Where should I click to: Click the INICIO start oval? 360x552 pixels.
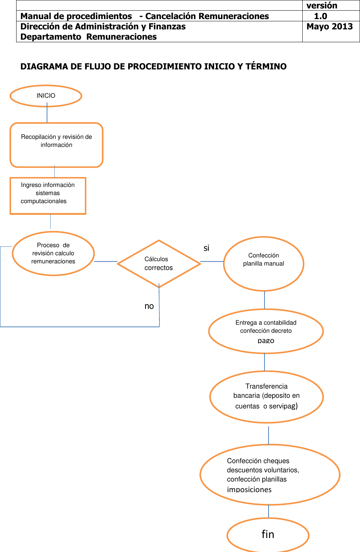pyautogui.click(x=46, y=96)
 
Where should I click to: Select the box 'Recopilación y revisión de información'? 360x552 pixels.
pyautogui.click(x=56, y=145)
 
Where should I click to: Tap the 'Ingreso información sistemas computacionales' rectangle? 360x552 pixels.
pyautogui.click(x=48, y=195)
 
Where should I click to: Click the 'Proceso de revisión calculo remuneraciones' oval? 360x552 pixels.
pyautogui.click(x=53, y=253)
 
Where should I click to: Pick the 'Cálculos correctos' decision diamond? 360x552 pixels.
pyautogui.click(x=159, y=263)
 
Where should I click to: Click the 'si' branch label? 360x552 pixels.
pyautogui.click(x=206, y=248)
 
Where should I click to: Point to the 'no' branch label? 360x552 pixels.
pyautogui.click(x=149, y=306)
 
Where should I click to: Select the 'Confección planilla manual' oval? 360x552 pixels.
pyautogui.click(x=263, y=263)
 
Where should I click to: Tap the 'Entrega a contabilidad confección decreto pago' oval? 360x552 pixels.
pyautogui.click(x=266, y=331)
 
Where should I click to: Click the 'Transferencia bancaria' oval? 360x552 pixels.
pyautogui.click(x=266, y=397)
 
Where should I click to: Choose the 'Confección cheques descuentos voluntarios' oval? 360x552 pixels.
pyautogui.click(x=270, y=475)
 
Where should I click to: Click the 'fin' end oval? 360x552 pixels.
pyautogui.click(x=268, y=534)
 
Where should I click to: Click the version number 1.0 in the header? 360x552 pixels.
pyautogui.click(x=320, y=16)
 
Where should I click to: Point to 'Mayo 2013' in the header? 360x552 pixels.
pyautogui.click(x=330, y=26)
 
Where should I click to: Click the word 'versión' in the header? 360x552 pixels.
pyautogui.click(x=322, y=6)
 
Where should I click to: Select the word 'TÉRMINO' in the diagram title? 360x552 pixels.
pyautogui.click(x=266, y=66)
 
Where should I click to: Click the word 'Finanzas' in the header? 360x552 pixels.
pyautogui.click(x=167, y=26)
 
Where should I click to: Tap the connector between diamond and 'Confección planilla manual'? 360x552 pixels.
pyautogui.click(x=212, y=261)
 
